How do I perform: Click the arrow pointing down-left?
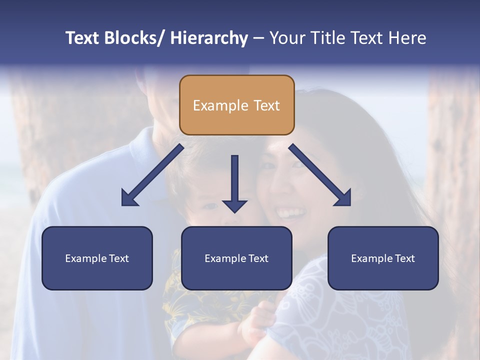(152, 175)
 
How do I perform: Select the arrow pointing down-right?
(320, 175)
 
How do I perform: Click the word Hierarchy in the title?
(209, 38)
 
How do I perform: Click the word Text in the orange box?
(266, 105)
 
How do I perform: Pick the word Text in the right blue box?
(404, 258)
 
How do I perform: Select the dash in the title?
(258, 38)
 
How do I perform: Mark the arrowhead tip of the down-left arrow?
(122, 205)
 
